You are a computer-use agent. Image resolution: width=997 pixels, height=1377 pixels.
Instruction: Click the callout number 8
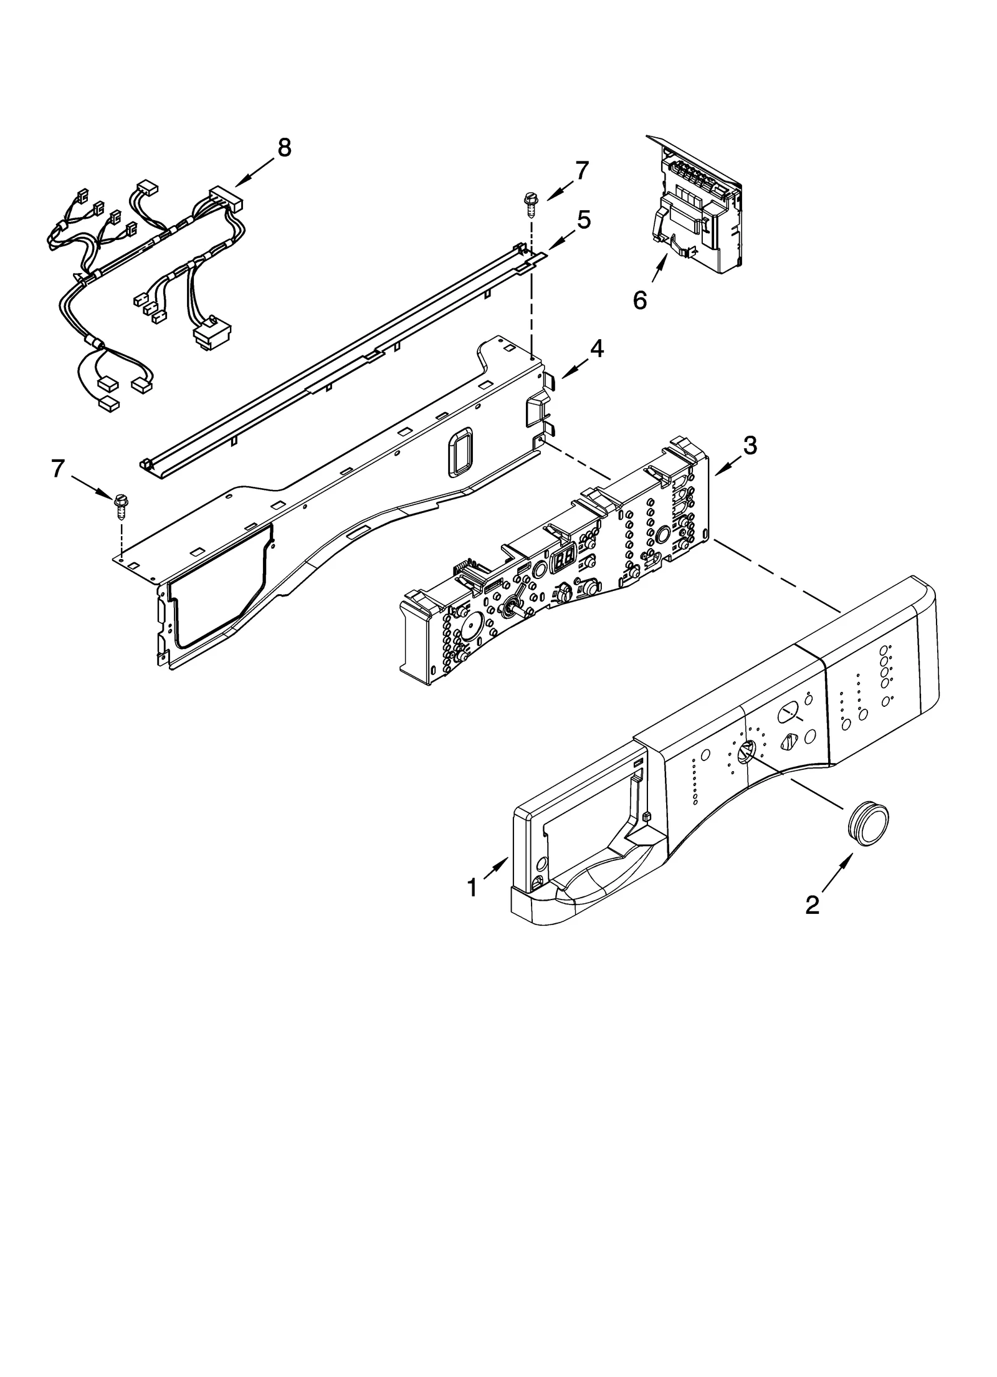coord(284,148)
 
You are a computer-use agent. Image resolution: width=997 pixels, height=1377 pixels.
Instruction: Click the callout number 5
coord(583,219)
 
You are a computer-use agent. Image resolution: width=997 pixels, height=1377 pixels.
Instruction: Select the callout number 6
coord(640,300)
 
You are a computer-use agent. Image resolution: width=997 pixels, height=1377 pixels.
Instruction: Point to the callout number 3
coord(750,445)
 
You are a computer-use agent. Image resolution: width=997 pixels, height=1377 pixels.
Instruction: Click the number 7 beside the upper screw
coord(581,170)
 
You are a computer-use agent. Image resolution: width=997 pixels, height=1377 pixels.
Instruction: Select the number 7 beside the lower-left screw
coord(58,468)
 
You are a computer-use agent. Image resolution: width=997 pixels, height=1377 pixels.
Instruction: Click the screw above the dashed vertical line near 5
coord(531,203)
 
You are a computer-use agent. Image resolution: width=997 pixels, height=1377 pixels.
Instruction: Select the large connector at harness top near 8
coord(226,198)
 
